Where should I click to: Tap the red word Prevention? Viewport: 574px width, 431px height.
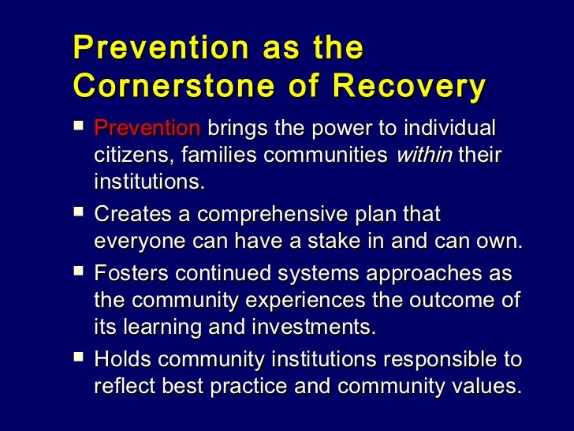(x=147, y=128)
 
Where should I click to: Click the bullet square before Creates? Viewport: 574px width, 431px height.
(x=77, y=213)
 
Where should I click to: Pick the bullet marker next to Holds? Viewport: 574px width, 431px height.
(x=77, y=359)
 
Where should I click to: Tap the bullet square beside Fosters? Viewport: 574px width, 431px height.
(x=77, y=273)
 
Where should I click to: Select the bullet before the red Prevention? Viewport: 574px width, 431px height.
(x=77, y=126)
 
